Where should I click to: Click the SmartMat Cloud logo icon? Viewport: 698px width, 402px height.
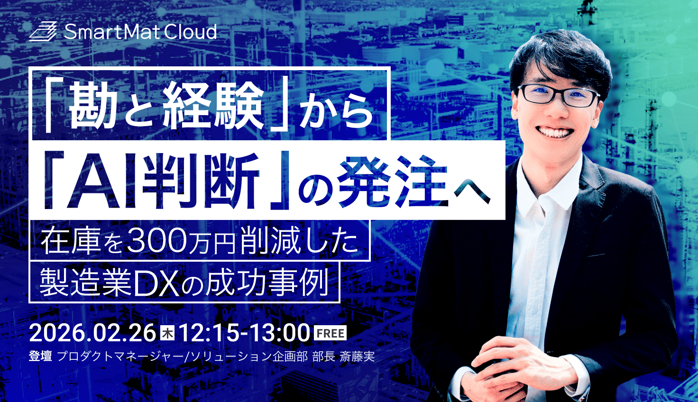[43, 32]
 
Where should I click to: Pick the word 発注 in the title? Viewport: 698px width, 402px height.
[394, 182]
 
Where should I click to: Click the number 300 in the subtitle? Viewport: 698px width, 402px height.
[158, 241]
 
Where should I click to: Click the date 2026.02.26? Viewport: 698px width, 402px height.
[92, 333]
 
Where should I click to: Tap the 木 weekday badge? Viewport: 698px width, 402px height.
[168, 333]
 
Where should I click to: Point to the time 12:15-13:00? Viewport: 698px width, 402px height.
[244, 333]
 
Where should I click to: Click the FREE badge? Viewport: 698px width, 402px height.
[331, 333]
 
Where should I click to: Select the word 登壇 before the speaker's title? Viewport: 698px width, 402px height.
[40, 356]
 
